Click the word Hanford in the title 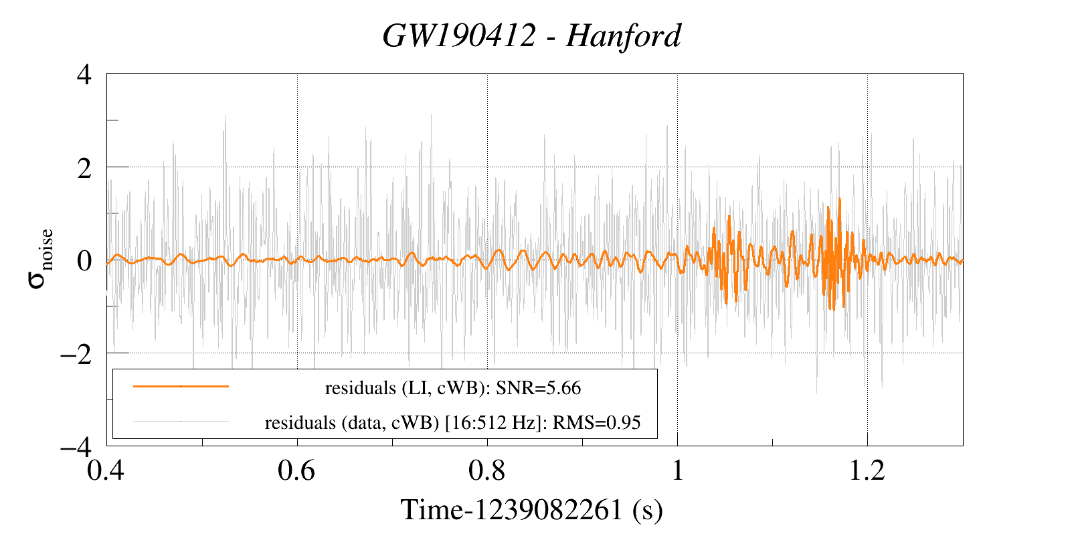tap(623, 36)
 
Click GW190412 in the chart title tap(459, 36)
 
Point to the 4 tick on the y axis tap(84, 74)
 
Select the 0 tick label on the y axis tap(84, 260)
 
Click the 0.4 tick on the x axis tap(107, 470)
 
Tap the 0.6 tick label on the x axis tap(297, 470)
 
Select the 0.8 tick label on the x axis tap(487, 470)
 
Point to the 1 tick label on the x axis tap(677, 470)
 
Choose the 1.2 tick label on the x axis tap(867, 470)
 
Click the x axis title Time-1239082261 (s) tap(532, 510)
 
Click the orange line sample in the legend tap(181, 386)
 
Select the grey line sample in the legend tap(181, 422)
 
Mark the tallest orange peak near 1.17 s tap(839, 199)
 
